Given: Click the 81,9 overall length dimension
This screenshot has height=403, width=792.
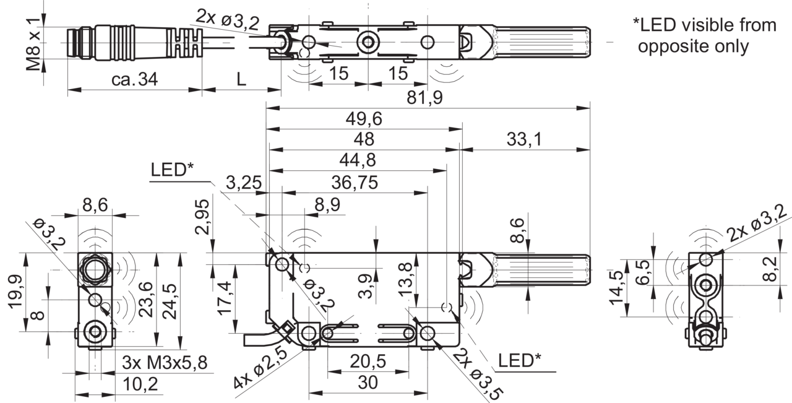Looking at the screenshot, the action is coord(424,97).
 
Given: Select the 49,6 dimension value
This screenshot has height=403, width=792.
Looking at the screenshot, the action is coord(364,119).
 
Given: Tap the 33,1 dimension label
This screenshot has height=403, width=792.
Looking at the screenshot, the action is coord(524,139).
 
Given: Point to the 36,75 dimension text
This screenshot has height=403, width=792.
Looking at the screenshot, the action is coord(355,183).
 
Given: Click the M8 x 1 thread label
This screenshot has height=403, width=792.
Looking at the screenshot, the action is coord(34,45).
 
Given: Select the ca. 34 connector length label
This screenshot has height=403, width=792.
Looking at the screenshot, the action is coord(134,79).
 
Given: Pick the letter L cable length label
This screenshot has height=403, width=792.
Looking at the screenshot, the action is coord(241,79).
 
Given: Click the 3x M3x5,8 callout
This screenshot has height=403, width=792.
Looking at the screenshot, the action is coord(165,362).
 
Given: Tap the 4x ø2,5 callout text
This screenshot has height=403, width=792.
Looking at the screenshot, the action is coord(260,368).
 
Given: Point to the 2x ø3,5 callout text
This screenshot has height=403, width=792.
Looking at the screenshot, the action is coord(478,374).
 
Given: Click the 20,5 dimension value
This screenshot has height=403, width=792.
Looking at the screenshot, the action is coord(368,362).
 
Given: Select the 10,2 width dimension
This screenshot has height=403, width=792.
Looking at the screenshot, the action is coord(140,384).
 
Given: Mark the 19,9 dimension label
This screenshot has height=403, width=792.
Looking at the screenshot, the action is coord(15,292).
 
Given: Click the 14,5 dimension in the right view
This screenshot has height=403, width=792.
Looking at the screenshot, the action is coord(616,287).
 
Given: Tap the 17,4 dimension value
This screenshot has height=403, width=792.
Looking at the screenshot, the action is coord(225,298).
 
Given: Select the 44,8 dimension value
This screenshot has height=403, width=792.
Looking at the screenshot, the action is coord(358,160).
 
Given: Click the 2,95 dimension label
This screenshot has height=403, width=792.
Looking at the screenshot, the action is coord(202,217).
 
